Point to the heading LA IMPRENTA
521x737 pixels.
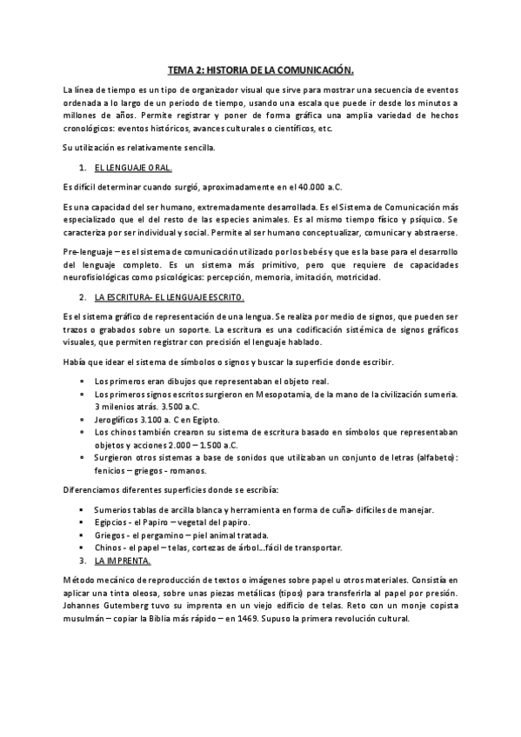coord(122,561)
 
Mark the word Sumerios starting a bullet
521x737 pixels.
coord(115,509)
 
